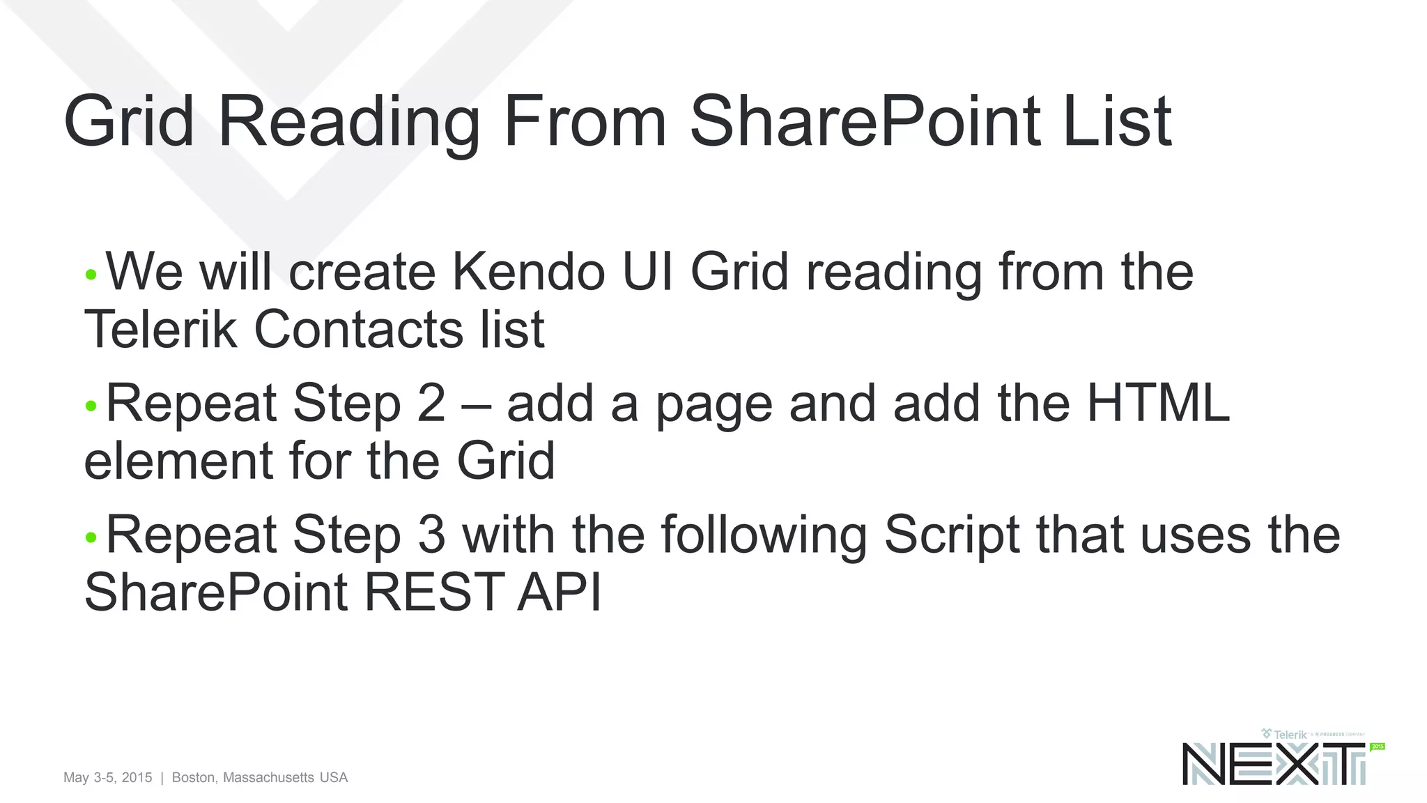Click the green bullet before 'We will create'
point(91,275)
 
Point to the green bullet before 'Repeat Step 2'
point(91,406)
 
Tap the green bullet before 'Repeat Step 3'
point(91,537)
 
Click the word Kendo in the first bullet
point(528,271)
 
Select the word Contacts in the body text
point(357,329)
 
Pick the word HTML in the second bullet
point(1157,403)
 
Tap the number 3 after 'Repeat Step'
point(431,535)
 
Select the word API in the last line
point(558,592)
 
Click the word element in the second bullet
point(177,461)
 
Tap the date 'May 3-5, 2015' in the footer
point(107,777)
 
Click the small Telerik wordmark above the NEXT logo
point(1289,735)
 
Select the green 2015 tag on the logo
point(1378,747)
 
